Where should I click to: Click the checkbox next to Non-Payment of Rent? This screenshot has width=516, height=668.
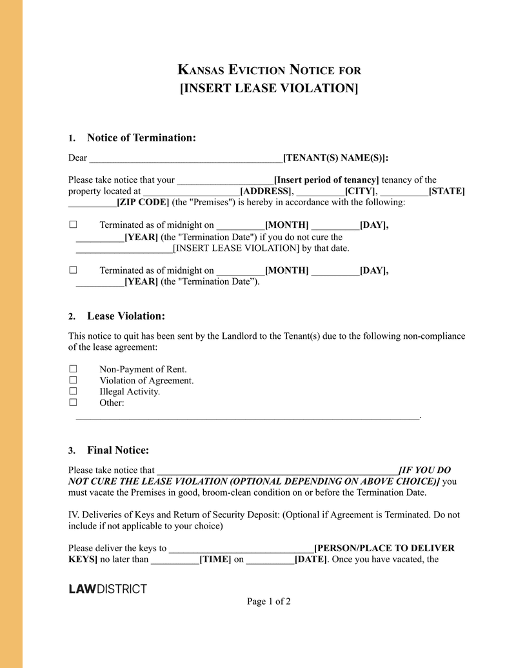[x=73, y=369]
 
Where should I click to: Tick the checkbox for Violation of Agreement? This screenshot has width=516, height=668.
[x=73, y=380]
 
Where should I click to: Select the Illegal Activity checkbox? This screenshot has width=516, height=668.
[x=73, y=391]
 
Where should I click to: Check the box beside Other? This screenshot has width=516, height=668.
[x=73, y=402]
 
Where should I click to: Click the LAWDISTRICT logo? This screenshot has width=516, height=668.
[x=108, y=589]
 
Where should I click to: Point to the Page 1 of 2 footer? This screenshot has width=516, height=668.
[x=268, y=602]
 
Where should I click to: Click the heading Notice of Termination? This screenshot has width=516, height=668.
[x=141, y=137]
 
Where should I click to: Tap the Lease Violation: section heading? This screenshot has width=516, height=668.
[x=126, y=316]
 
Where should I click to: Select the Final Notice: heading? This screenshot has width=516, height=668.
[x=118, y=450]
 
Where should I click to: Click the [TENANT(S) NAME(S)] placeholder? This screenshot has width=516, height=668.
[x=335, y=158]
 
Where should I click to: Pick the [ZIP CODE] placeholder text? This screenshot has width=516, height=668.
[x=143, y=202]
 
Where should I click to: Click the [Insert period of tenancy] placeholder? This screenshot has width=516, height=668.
[x=326, y=180]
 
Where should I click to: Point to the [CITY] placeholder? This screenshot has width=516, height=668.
[x=361, y=191]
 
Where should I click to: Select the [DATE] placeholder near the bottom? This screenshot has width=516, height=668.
[x=310, y=559]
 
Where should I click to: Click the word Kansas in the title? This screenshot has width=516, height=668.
[x=201, y=70]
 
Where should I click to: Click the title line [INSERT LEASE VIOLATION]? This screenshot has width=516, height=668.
[x=268, y=88]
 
